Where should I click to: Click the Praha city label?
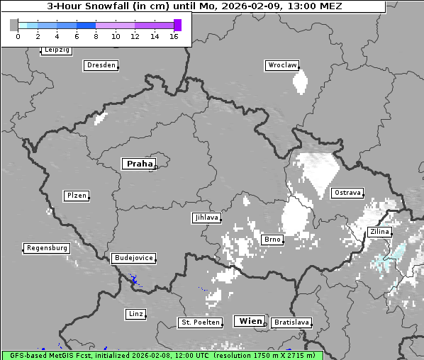click(139, 164)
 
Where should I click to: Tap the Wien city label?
click(250, 321)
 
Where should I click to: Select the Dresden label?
click(101, 65)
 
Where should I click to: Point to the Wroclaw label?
click(282, 65)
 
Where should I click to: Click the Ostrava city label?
click(347, 193)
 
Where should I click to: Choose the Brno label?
click(272, 240)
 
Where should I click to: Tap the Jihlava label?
click(206, 218)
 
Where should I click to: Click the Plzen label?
click(76, 196)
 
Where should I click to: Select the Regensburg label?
click(47, 248)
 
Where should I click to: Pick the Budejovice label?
click(133, 258)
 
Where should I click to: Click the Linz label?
click(136, 313)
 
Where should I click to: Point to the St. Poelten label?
click(201, 322)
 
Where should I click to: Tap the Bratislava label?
click(291, 322)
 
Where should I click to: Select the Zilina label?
click(379, 232)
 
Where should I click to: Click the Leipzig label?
click(57, 50)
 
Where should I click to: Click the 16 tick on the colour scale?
click(174, 36)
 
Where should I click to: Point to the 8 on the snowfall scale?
click(96, 36)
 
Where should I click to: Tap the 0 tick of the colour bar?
click(18, 36)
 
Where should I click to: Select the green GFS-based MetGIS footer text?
click(162, 355)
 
